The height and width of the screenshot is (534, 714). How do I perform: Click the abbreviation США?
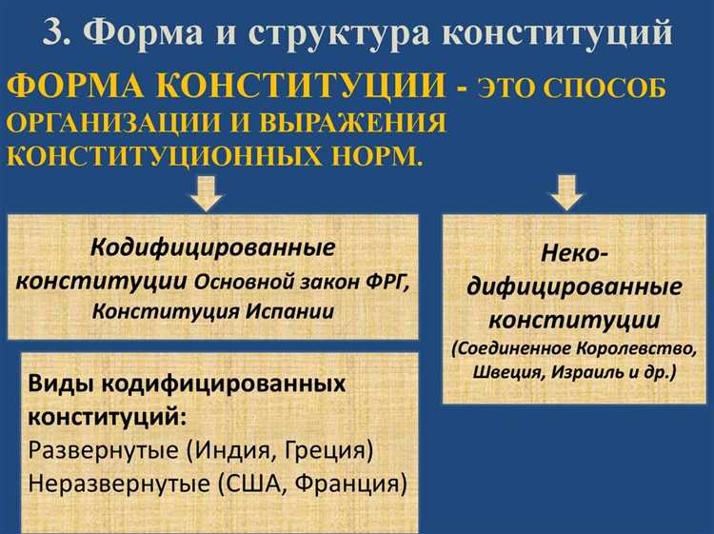(257, 483)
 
